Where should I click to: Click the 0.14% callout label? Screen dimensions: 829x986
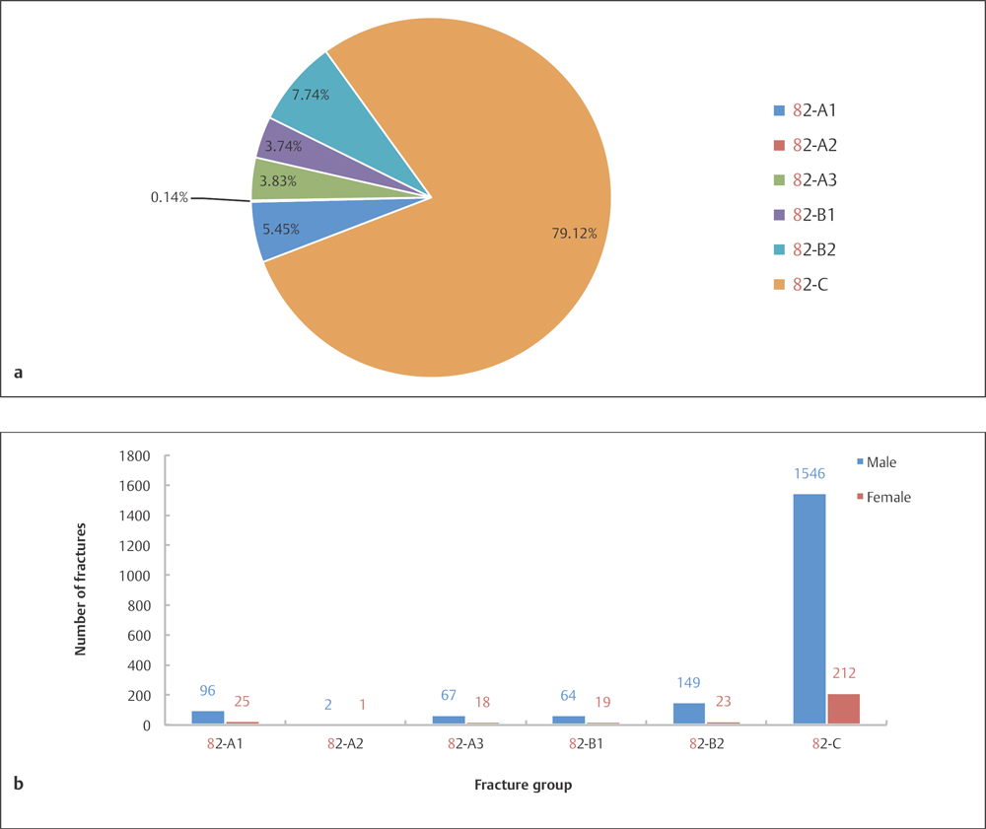pos(170,198)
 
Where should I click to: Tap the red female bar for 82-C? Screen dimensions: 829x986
pos(844,709)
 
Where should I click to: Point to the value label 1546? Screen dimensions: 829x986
pos(809,474)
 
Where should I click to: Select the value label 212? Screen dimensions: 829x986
pos(844,673)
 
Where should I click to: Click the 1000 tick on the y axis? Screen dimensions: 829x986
pos(136,576)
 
